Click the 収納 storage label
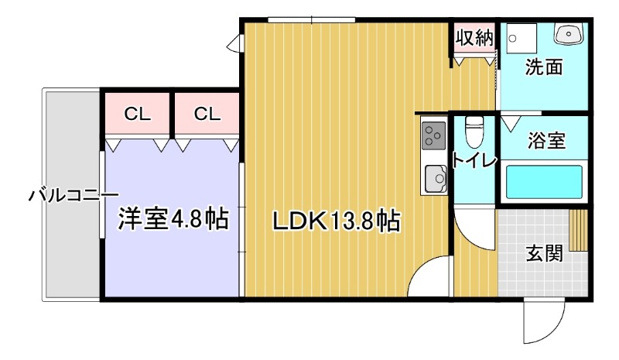[x=473, y=38]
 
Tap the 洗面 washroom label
[x=543, y=67]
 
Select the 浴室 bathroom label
[x=546, y=141]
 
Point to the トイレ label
[x=468, y=162]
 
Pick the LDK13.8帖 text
[x=335, y=222]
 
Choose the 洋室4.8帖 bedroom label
[x=173, y=219]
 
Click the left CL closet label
[x=138, y=115]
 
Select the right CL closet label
[x=207, y=115]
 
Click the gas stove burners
[x=433, y=136]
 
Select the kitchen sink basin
[x=434, y=180]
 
